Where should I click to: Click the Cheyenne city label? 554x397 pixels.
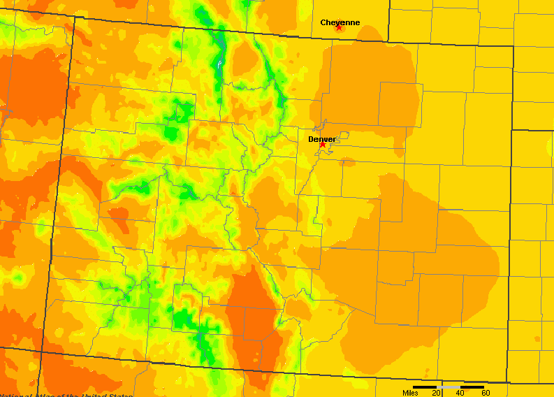coord(340,22)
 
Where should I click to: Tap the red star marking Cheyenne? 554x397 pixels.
coord(339,27)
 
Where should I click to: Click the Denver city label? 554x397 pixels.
coord(321,139)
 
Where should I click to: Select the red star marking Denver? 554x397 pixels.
coord(323,144)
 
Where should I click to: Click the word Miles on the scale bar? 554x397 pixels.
coord(410,393)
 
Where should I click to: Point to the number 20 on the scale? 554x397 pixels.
coord(436,393)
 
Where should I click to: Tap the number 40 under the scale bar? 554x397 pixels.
coord(460,393)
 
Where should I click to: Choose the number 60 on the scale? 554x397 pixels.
coord(485,393)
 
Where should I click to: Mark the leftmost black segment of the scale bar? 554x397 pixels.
coord(425,387)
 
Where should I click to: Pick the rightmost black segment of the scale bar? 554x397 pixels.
coord(473,387)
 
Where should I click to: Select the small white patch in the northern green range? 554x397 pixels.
coord(219,64)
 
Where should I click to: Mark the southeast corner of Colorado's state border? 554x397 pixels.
coord(508,383)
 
